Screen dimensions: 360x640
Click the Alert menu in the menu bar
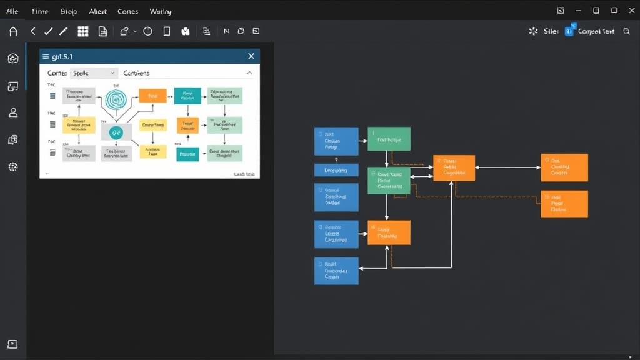(x=97, y=11)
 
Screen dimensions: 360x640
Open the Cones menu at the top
(x=127, y=11)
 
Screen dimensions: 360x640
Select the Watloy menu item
(x=161, y=11)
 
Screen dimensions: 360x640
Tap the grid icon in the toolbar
(x=82, y=31)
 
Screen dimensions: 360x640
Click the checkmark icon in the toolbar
(x=48, y=31)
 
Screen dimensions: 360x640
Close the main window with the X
(x=631, y=11)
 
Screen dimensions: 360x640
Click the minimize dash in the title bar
(x=578, y=11)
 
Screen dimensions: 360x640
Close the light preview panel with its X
(x=251, y=56)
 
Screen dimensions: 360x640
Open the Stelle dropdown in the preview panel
(x=94, y=73)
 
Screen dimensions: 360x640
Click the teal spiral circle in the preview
(x=116, y=98)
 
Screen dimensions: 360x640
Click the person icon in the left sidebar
(x=12, y=112)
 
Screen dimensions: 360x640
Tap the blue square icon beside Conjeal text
(x=569, y=31)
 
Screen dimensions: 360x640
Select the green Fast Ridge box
(x=389, y=139)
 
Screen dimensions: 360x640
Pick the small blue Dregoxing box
(x=336, y=170)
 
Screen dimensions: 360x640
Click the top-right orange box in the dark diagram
(x=564, y=167)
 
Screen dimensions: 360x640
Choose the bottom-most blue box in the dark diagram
(x=336, y=271)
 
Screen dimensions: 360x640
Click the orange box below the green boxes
(x=389, y=232)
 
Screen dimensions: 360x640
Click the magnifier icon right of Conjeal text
(x=627, y=31)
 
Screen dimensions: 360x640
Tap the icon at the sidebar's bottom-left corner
(x=12, y=344)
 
